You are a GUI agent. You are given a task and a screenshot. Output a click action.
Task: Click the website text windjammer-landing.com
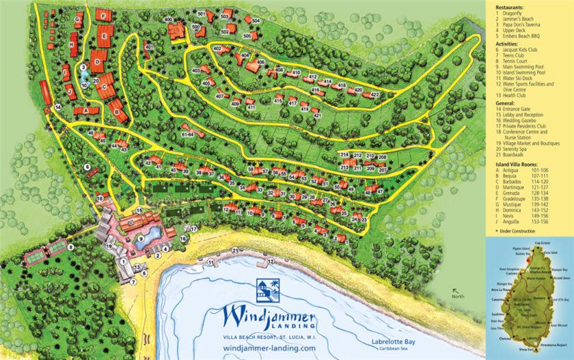coord(269,348)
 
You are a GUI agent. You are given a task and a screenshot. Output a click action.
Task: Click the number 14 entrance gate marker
coord(58,107)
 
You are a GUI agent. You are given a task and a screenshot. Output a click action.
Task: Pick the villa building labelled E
coord(104,31)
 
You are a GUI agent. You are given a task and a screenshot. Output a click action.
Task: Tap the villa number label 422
coord(374,94)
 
